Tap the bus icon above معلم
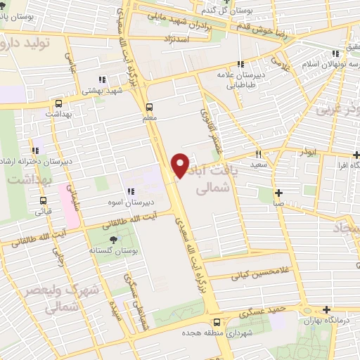coord(148,108)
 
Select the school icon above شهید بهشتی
coord(102,79)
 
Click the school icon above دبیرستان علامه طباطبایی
coord(240,64)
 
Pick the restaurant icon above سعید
coord(259,154)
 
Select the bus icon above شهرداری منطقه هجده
coord(188,324)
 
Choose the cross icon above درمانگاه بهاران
coord(326,309)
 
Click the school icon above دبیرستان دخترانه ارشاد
coord(34,150)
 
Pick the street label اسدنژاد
coord(176,41)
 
